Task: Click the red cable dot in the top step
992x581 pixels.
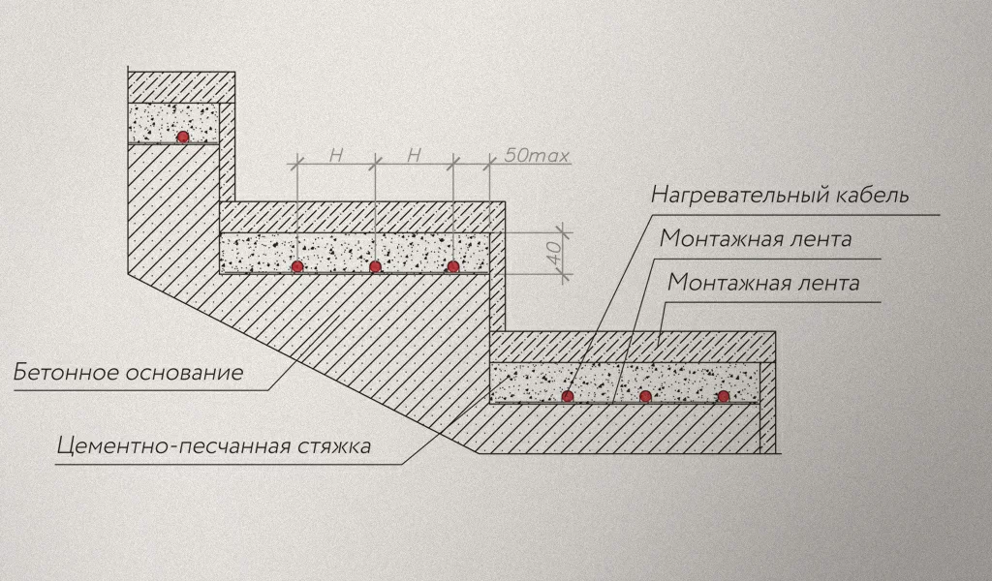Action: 181,138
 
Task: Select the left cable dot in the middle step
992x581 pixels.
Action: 297,266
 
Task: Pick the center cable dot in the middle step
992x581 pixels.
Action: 375,266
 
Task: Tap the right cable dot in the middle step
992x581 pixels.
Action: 451,266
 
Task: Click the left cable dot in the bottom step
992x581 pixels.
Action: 568,396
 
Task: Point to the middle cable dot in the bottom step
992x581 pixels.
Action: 645,396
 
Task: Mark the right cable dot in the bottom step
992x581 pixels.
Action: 723,396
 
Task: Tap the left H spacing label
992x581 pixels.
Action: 335,155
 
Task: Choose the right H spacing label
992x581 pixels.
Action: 413,155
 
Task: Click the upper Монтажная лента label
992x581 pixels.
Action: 755,239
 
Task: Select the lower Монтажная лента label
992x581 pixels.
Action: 763,284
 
